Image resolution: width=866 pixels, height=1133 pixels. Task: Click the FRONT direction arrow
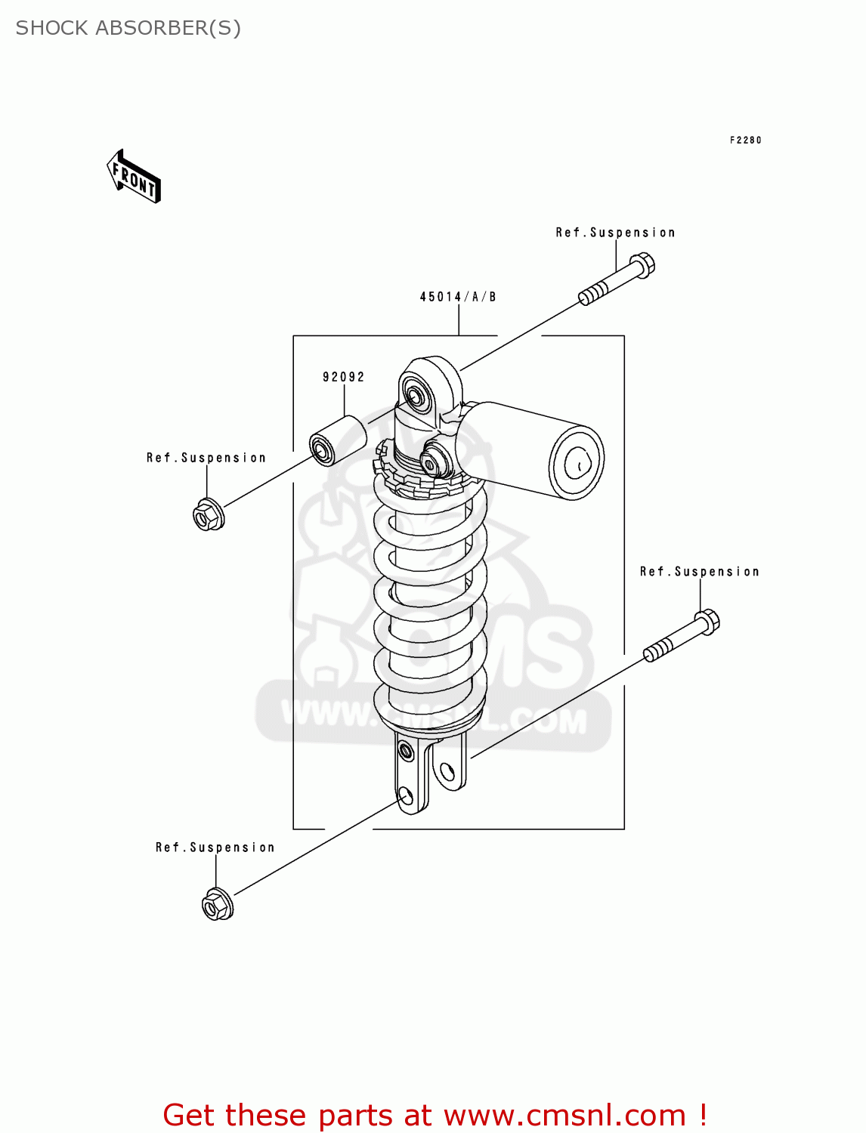point(134,177)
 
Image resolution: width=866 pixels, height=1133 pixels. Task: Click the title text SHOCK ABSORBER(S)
point(128,28)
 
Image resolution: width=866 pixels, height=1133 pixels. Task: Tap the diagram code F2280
point(745,140)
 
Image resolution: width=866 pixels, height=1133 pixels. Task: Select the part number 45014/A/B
point(458,297)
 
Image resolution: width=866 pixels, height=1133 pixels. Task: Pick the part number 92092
point(344,377)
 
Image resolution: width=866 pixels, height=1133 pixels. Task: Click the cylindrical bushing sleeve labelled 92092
point(338,441)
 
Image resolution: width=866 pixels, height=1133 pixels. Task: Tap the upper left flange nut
point(208,515)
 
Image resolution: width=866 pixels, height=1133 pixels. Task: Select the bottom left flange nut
point(218,904)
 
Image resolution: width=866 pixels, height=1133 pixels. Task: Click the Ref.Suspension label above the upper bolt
point(615,233)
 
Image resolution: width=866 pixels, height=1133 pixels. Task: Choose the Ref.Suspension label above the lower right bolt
point(699,572)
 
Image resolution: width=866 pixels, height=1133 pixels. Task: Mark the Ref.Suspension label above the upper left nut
point(206,458)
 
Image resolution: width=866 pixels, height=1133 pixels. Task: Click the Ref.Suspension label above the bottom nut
point(215,847)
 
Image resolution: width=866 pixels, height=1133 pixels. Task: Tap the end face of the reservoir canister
point(577,463)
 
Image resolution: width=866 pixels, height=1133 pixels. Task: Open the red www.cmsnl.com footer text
point(435,1115)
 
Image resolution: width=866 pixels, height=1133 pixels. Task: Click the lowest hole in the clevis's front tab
point(406,795)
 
